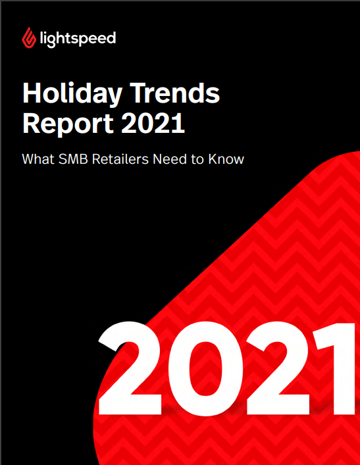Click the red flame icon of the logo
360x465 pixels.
point(29,38)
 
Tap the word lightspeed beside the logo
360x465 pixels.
point(78,39)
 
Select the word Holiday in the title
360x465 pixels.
point(72,94)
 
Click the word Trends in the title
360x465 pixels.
point(175,93)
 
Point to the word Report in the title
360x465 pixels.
point(68,124)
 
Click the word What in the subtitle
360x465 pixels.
point(38,159)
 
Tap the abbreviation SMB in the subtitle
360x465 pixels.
point(73,159)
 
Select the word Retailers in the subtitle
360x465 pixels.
point(120,159)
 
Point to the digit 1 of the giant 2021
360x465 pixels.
point(336,368)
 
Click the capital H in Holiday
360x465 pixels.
point(34,93)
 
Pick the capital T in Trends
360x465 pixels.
point(139,93)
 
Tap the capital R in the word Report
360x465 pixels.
point(32,123)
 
